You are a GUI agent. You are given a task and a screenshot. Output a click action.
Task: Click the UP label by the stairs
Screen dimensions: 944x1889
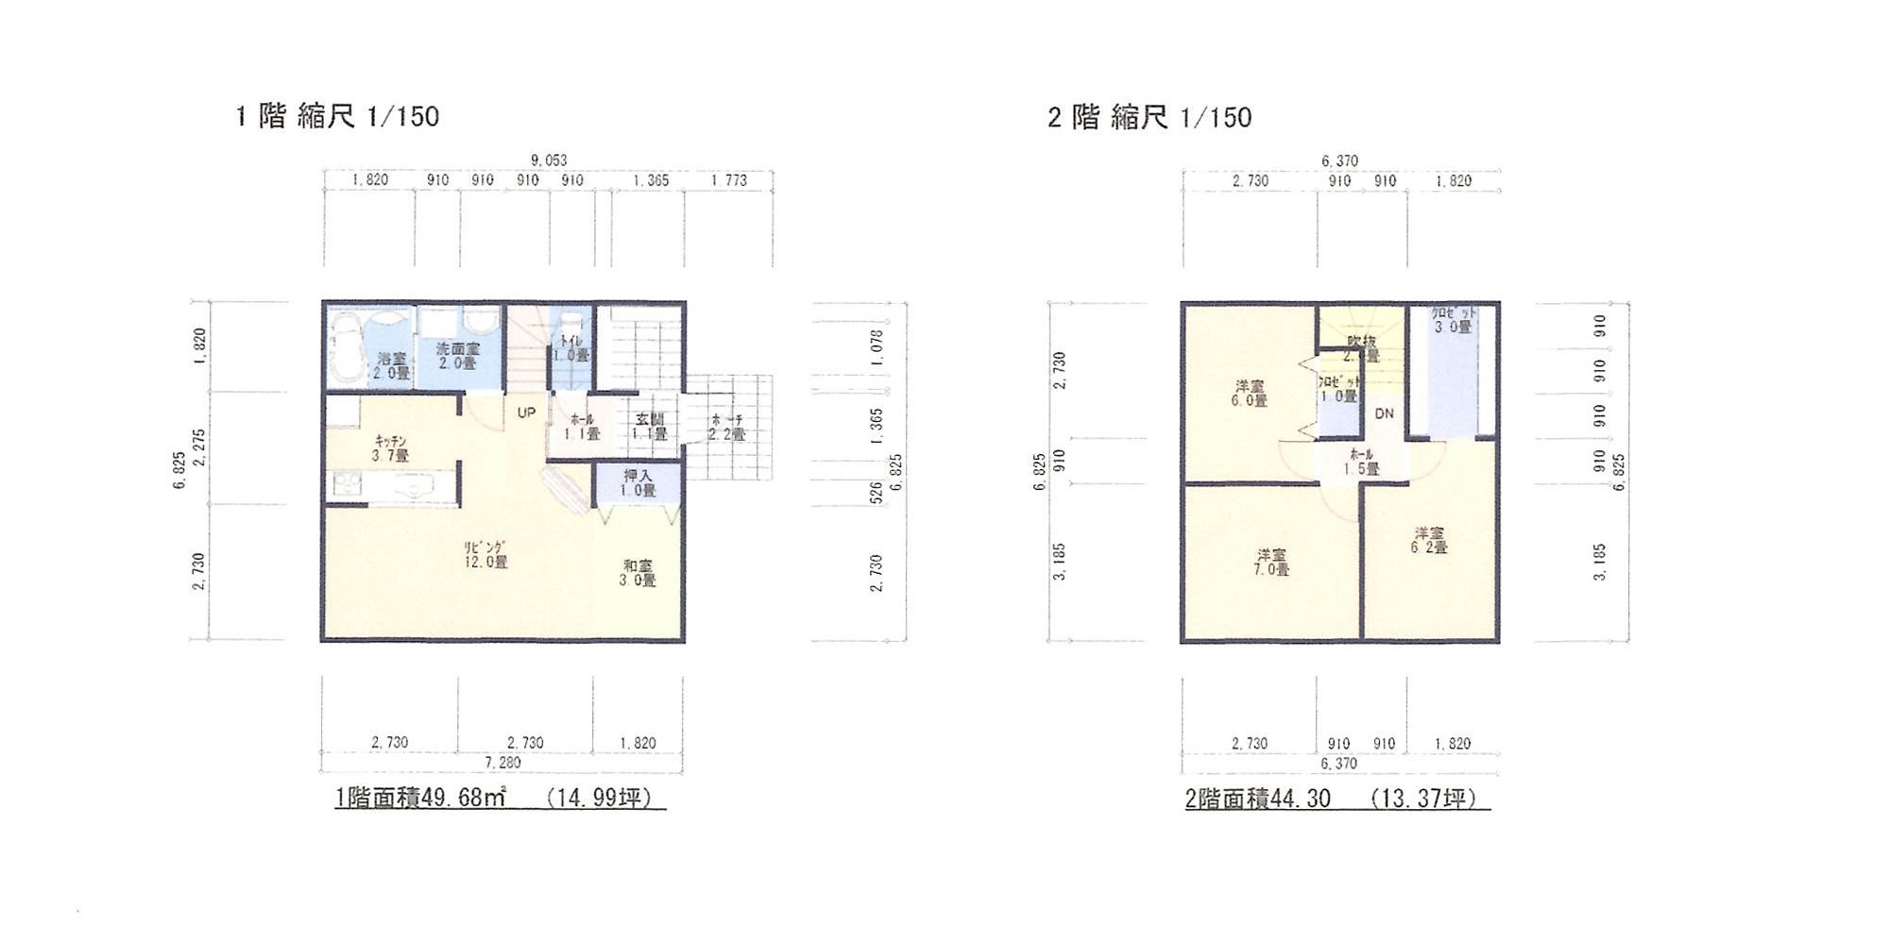coord(526,413)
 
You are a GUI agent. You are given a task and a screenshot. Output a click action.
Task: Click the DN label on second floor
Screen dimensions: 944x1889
coord(1384,413)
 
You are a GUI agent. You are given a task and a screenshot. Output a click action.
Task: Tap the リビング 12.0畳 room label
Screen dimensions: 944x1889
coord(485,555)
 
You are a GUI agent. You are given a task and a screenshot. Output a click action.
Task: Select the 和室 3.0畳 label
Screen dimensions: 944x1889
coord(638,573)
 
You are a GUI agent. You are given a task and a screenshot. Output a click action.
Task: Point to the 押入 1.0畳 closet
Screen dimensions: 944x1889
coord(638,483)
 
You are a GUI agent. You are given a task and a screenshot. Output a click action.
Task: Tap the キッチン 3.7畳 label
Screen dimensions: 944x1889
coord(390,448)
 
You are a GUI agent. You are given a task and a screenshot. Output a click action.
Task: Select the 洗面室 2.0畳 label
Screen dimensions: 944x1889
coord(457,356)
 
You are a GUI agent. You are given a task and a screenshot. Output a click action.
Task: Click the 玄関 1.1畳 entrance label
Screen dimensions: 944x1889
coord(650,427)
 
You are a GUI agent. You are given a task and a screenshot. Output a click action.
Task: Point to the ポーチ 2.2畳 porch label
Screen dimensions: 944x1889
coord(726,427)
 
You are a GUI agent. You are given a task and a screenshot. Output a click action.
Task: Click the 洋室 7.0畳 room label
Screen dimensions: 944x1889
coord(1271,563)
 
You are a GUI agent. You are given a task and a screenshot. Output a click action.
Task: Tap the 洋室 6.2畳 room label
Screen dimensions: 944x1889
coord(1429,540)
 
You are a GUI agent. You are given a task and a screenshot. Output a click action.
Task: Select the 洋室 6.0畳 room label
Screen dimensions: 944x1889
coord(1249,394)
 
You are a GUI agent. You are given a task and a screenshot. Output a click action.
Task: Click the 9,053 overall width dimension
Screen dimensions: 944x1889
coord(548,160)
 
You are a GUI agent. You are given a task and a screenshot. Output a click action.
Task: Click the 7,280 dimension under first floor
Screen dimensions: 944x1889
coord(502,762)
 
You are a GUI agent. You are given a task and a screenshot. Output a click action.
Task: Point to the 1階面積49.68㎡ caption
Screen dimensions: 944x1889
coord(420,798)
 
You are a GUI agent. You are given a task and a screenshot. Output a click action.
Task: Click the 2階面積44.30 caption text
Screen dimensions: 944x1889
coord(1257,799)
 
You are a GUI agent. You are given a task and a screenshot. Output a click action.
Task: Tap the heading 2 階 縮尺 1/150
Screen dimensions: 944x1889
coord(1149,117)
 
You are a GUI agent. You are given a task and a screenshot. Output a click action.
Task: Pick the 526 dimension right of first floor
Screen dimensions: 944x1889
coord(876,493)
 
